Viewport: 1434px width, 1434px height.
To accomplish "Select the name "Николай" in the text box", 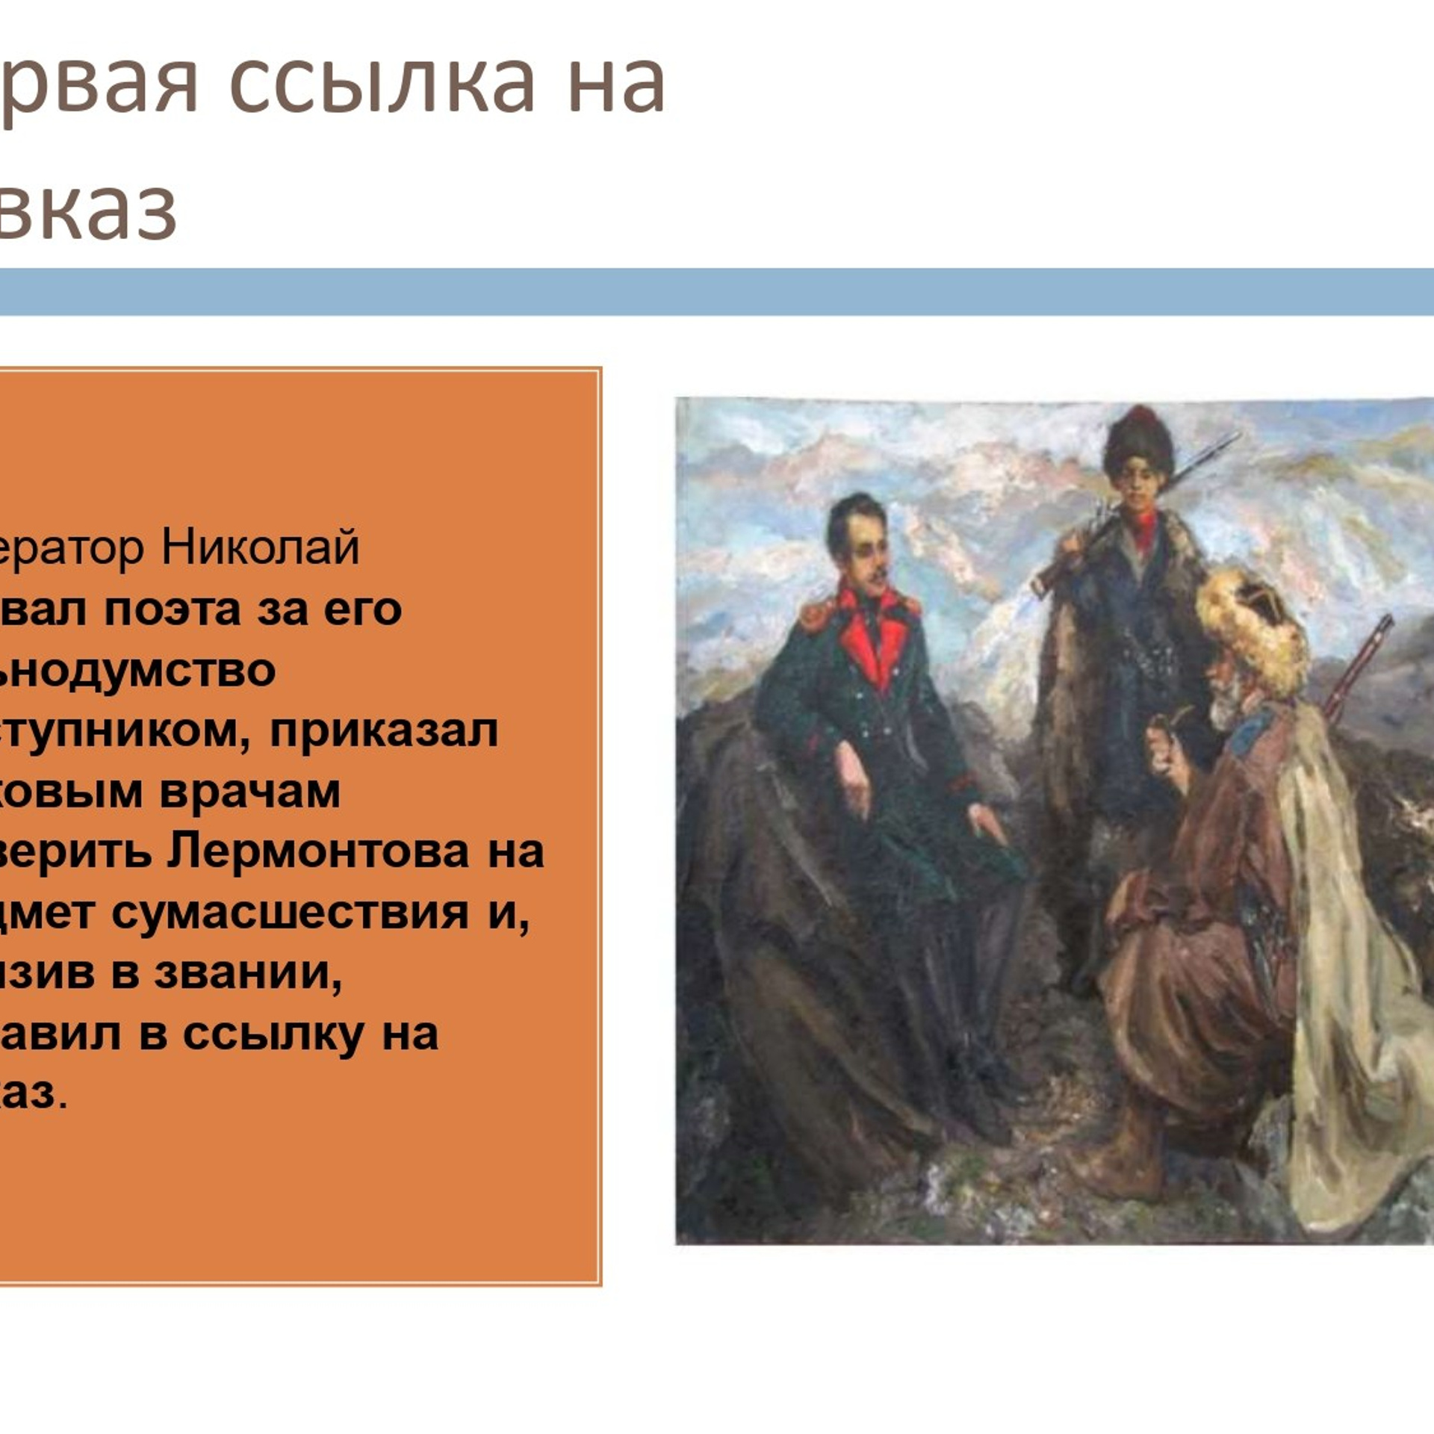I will (x=260, y=547).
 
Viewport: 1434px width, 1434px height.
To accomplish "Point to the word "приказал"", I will (x=383, y=730).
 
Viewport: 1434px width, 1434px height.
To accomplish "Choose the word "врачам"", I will (x=249, y=792).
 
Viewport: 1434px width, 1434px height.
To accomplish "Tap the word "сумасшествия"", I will (x=290, y=913).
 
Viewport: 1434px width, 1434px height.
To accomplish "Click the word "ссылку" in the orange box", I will (x=273, y=1034).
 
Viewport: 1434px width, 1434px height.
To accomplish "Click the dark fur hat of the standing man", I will (x=1138, y=441).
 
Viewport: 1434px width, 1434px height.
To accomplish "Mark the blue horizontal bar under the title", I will (x=717, y=291).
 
